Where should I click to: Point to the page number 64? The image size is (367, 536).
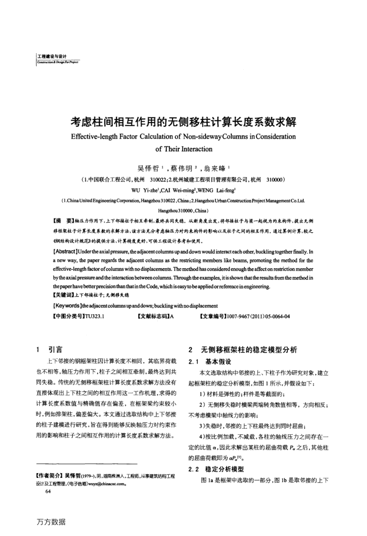point(49,478)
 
